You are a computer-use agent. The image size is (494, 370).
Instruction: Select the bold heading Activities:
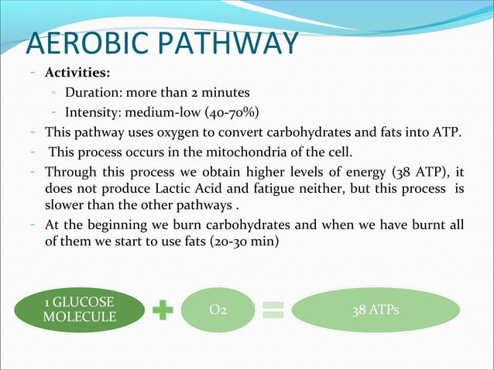(77, 74)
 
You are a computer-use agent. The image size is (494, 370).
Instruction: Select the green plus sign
(163, 310)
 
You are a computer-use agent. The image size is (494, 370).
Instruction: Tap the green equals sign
(276, 310)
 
